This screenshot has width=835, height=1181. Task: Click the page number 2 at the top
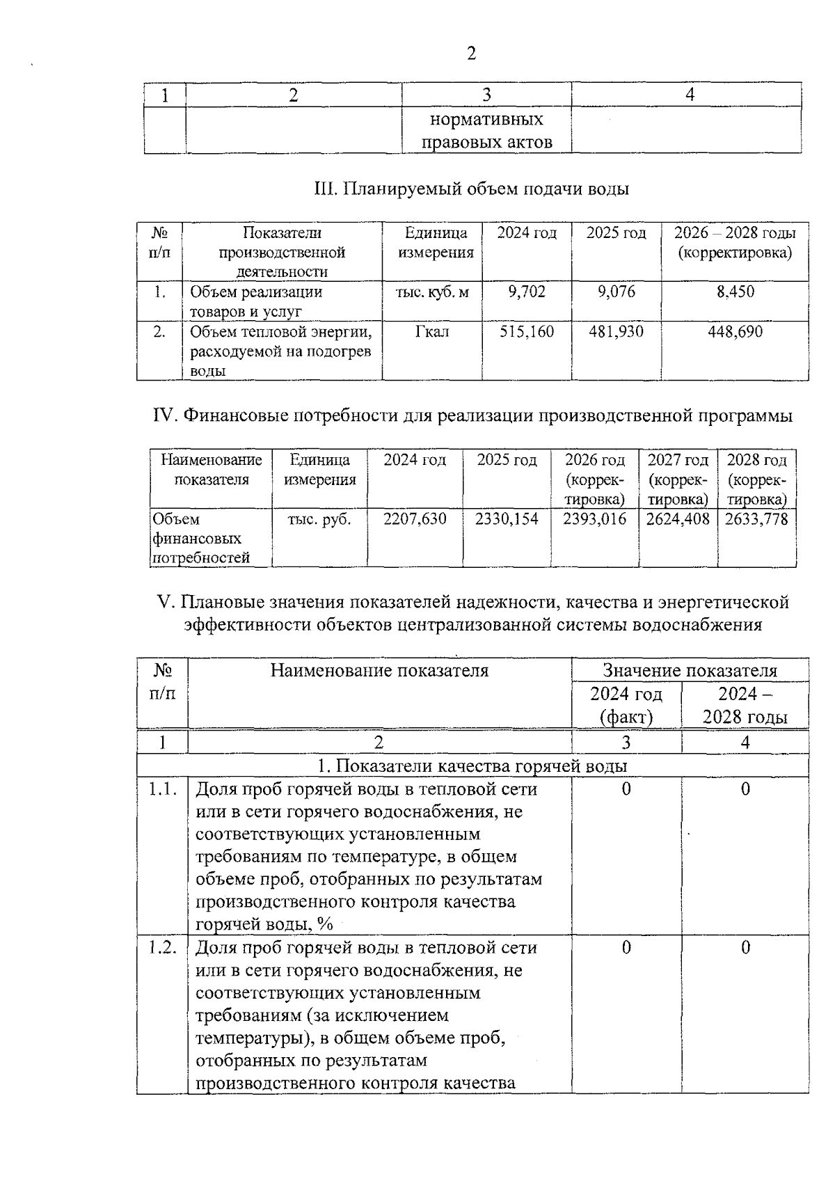(x=471, y=54)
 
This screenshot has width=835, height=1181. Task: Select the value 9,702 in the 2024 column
(x=527, y=292)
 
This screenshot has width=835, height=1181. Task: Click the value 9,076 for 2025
(x=616, y=292)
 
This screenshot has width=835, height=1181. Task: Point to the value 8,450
(x=735, y=292)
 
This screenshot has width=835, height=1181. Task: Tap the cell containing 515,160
(x=527, y=332)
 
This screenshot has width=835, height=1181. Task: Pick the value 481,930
(x=616, y=332)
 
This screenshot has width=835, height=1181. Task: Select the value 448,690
(x=735, y=332)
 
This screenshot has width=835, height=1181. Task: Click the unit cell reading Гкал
(x=431, y=332)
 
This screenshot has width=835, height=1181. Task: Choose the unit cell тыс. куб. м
(x=431, y=292)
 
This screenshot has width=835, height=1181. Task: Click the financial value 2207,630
(x=415, y=519)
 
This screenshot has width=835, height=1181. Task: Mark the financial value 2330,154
(x=507, y=519)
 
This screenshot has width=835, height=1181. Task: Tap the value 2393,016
(x=594, y=519)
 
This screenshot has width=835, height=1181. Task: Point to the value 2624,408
(x=678, y=519)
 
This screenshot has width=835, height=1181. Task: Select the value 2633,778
(x=756, y=519)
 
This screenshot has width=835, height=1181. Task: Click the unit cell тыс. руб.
(x=319, y=519)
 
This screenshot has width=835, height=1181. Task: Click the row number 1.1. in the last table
(x=162, y=789)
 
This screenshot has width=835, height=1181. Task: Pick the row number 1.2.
(x=162, y=948)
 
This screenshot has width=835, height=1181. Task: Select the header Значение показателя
(x=689, y=671)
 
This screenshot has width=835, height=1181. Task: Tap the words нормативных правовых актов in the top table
(x=486, y=131)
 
